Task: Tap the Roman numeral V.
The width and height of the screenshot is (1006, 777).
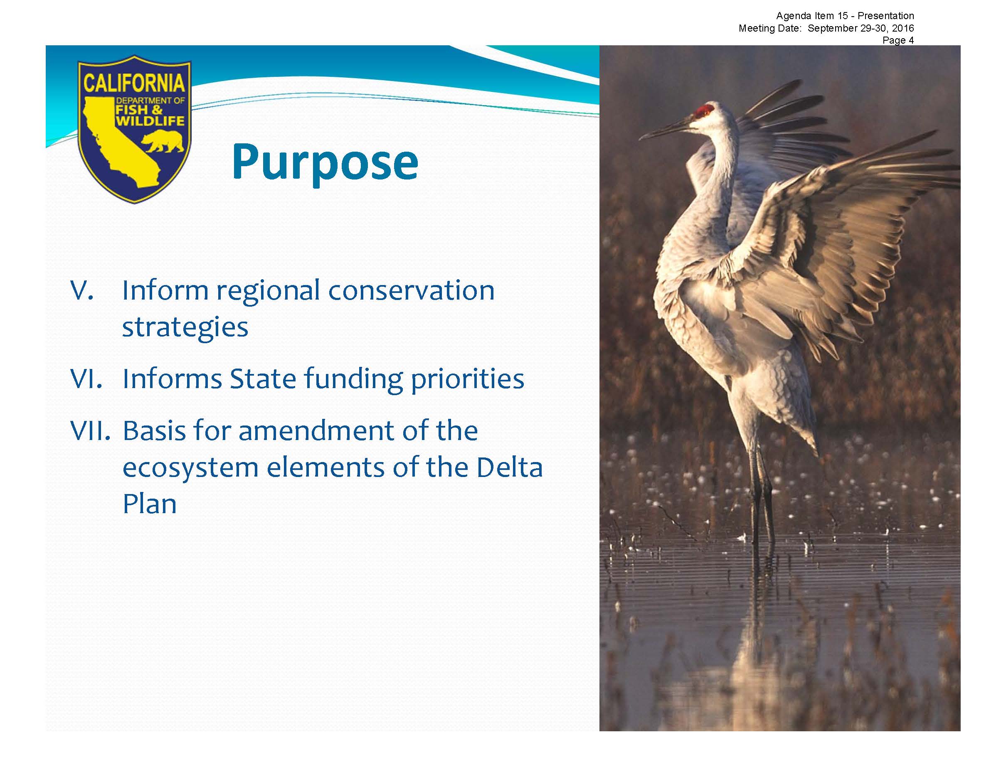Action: point(82,290)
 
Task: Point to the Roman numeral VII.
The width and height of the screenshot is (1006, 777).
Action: point(90,431)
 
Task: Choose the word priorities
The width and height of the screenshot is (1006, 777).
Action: point(468,379)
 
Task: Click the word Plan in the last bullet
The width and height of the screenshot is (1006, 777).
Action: point(150,504)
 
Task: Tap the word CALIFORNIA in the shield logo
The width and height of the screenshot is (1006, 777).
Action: point(134,84)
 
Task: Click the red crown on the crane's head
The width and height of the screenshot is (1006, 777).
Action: point(703,111)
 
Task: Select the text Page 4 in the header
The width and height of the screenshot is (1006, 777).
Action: point(898,40)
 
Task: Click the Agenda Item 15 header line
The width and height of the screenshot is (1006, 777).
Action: point(845,16)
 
